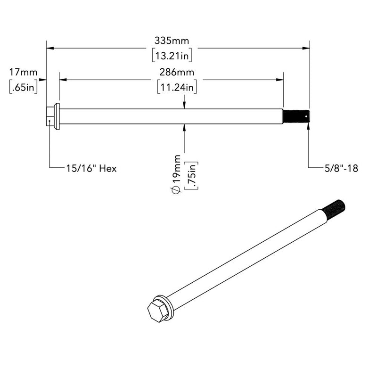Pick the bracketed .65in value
click(x=23, y=88)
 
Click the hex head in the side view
click(x=50, y=116)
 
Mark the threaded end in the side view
click(x=295, y=116)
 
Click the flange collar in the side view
click(x=57, y=116)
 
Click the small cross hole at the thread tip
click(x=306, y=114)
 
